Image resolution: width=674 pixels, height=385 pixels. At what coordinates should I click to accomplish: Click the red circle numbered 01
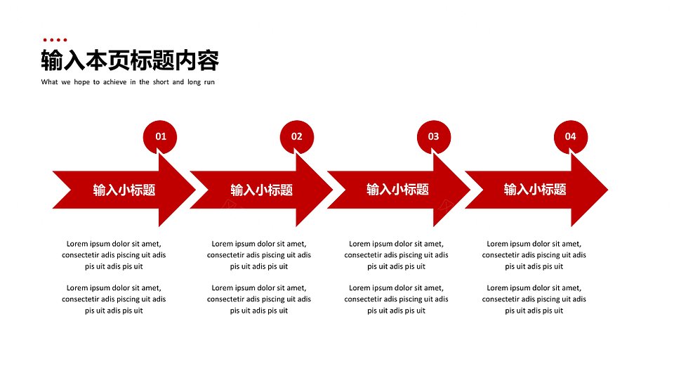(x=160, y=137)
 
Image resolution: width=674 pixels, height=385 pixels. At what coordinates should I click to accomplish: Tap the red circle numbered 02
(x=297, y=137)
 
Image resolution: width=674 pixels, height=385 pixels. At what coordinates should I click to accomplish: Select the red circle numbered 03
(x=434, y=137)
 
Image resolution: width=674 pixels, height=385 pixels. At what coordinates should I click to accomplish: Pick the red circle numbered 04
(x=570, y=137)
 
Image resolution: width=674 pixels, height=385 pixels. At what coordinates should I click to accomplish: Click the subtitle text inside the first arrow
(x=124, y=190)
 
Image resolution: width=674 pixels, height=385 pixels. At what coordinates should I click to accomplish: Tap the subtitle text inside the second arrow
(x=261, y=190)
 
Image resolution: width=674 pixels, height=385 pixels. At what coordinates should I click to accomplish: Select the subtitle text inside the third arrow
(x=397, y=189)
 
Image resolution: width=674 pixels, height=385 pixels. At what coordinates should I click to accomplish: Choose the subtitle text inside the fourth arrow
(x=535, y=189)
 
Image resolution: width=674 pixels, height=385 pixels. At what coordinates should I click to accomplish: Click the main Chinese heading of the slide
(x=130, y=60)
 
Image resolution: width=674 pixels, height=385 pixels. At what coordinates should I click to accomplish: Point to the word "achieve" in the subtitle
(x=114, y=81)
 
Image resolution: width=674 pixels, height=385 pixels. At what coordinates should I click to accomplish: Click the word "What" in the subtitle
(x=49, y=81)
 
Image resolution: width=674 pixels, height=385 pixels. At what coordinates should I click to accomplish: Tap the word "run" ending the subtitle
(x=209, y=82)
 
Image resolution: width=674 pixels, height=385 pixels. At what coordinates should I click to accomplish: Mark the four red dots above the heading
(x=55, y=40)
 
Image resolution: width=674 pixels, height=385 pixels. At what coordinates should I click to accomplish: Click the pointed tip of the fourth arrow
(x=608, y=189)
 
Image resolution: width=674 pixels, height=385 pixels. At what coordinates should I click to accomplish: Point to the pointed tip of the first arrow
(x=196, y=190)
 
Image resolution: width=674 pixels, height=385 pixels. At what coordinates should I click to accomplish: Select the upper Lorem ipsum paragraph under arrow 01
(x=114, y=255)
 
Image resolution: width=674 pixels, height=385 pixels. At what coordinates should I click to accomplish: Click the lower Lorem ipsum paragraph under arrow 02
(x=259, y=299)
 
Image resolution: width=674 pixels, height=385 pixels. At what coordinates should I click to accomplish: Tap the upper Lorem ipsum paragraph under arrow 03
(x=396, y=255)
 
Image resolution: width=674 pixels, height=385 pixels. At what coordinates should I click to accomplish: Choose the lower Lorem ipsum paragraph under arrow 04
(x=534, y=299)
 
